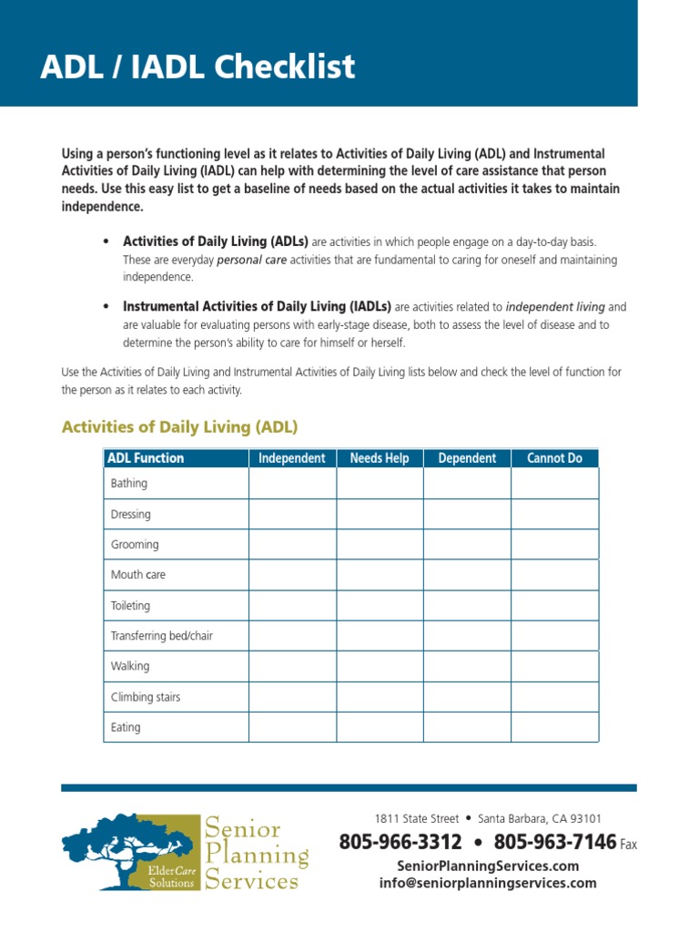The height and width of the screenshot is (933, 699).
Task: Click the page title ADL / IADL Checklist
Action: coord(198,67)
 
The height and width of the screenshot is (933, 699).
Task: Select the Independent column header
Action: coord(291,458)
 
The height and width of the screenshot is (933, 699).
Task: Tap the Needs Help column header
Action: coord(380,458)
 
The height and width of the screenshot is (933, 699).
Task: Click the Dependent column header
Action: coord(467,458)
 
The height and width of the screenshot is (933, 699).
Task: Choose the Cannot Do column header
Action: coord(554,458)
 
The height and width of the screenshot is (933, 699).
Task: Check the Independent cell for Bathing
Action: coord(292,484)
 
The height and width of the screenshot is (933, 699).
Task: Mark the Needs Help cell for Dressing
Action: coord(380,514)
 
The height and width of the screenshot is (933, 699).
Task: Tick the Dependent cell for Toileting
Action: coord(467,605)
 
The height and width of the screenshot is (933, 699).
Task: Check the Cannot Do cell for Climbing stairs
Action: coord(554,697)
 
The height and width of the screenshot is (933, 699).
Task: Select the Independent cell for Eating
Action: coord(292,727)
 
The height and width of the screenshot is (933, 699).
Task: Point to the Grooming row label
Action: coord(135,545)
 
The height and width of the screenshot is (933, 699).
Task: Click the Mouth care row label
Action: coord(138,575)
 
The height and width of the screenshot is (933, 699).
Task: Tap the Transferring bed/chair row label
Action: coord(161,636)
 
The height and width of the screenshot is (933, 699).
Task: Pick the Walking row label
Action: coord(130,666)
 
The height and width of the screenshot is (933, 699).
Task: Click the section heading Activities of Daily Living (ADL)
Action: coord(179,426)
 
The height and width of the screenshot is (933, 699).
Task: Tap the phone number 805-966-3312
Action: coord(400,843)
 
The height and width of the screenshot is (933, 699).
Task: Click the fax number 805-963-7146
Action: coord(555,843)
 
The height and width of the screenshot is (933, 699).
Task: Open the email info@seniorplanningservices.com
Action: coord(488,883)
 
